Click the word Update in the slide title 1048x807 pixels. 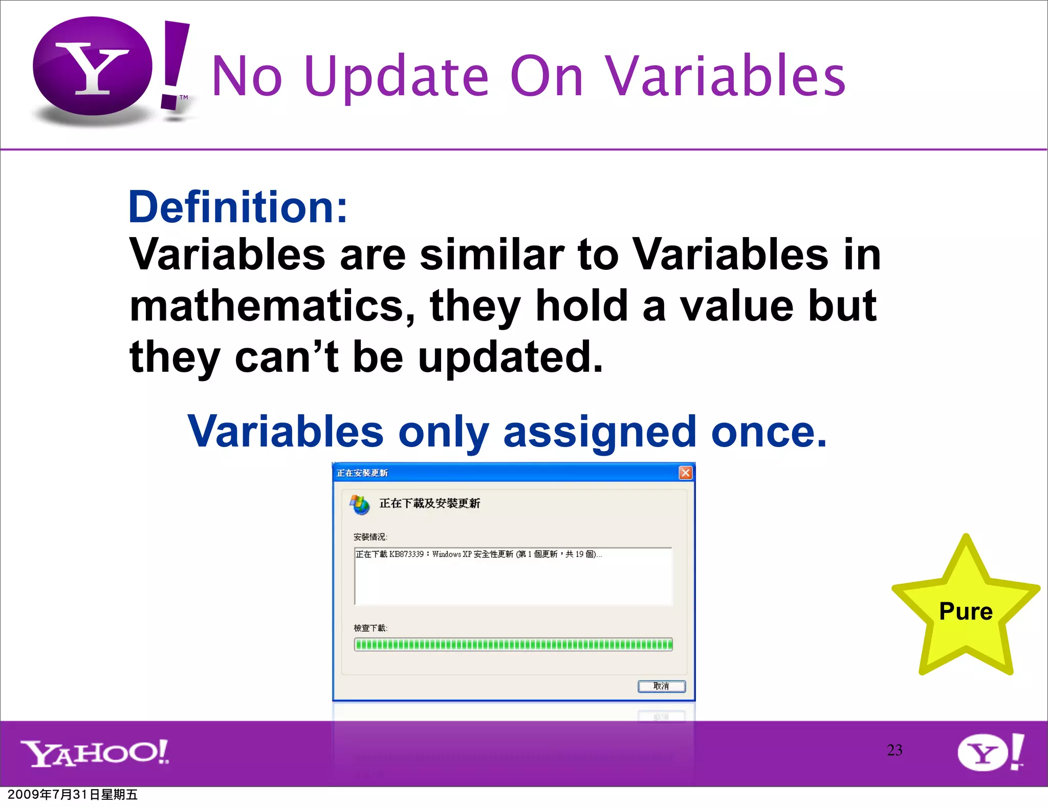396,77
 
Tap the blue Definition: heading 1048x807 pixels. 238,207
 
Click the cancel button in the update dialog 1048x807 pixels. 661,686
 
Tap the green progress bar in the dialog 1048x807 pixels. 513,644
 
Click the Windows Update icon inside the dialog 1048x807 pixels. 359,504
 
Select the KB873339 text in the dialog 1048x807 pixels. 406,554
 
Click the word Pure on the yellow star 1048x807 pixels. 966,611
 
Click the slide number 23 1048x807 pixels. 894,750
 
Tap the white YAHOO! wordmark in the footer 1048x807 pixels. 95,753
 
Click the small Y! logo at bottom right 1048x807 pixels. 990,753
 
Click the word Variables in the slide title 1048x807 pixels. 725,77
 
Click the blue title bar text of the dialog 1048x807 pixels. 362,473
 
